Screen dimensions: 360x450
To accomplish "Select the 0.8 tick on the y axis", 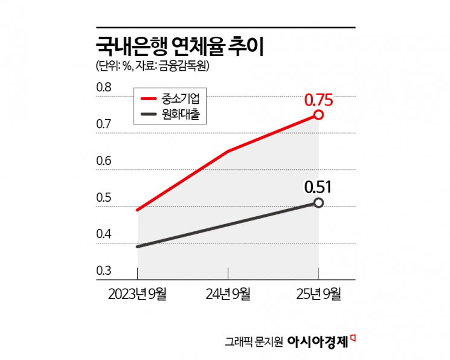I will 104,88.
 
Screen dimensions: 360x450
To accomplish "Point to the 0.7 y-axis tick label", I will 104,125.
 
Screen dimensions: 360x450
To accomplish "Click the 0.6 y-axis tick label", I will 104,162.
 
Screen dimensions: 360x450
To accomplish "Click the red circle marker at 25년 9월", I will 318,115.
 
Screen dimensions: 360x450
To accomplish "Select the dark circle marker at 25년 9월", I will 318,203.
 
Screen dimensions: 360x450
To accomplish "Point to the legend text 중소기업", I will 185,98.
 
